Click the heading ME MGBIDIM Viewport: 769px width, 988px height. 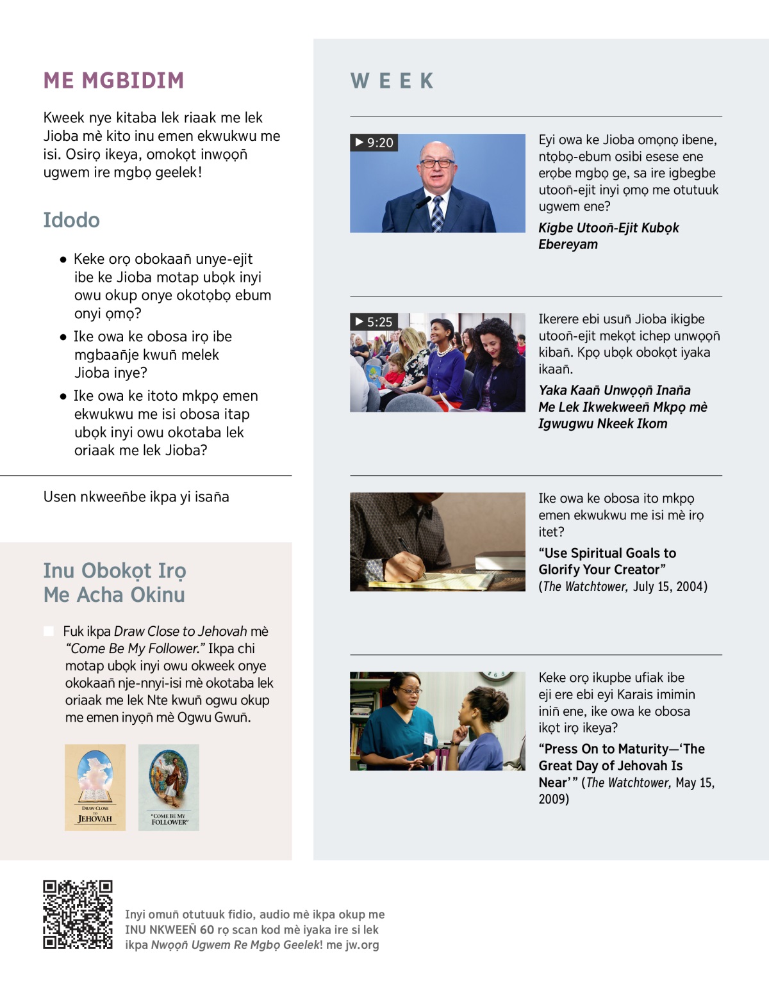tap(113, 81)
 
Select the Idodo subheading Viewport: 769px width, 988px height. tap(71, 220)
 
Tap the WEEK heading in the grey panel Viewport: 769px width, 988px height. tap(392, 81)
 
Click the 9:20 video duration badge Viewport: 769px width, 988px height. tap(374, 142)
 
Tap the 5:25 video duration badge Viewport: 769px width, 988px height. tap(374, 321)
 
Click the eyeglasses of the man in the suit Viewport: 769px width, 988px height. tap(437, 163)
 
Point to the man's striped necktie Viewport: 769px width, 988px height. tap(437, 213)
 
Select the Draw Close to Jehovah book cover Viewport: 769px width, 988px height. tap(95, 787)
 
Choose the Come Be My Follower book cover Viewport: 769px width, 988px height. tap(169, 787)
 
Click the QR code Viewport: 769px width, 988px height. tap(78, 914)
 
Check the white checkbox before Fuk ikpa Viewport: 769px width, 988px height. tap(49, 631)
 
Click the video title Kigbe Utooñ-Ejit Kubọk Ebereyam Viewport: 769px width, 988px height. tap(608, 236)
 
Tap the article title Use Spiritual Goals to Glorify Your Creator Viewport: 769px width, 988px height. tap(607, 562)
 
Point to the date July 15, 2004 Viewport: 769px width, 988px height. tap(670, 587)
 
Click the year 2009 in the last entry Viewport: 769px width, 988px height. tap(553, 799)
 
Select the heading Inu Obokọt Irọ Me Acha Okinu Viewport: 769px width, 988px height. tap(114, 583)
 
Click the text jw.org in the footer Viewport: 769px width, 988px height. tap(362, 945)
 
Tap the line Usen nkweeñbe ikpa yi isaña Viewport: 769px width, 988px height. tap(136, 497)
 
